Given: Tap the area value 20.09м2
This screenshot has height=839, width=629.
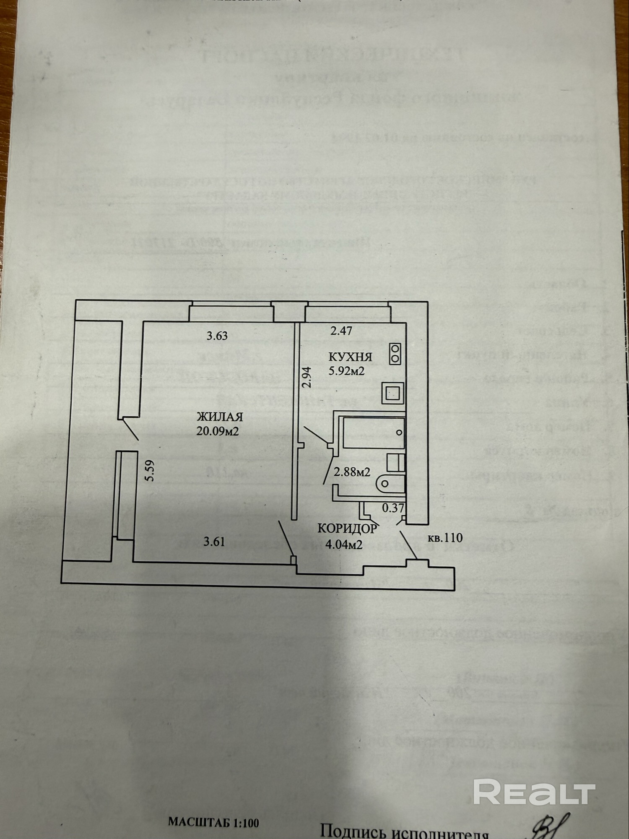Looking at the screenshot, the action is (218, 431).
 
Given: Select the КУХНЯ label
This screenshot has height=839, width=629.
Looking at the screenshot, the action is (350, 357).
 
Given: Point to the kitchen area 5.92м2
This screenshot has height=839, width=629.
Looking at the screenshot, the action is (346, 371).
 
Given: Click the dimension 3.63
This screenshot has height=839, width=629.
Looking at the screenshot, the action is (217, 336).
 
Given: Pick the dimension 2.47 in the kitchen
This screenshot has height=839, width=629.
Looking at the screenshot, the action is (341, 331).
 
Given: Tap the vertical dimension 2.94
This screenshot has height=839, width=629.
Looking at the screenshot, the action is (308, 377).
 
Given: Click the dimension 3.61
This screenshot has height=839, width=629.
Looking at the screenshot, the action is (214, 542).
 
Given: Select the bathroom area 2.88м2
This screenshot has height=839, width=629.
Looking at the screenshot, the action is (351, 472).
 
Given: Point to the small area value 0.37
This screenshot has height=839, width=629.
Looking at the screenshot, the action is (393, 508).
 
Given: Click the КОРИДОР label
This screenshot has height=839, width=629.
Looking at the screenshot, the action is (347, 528).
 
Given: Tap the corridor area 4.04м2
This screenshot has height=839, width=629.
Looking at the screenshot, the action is (344, 545).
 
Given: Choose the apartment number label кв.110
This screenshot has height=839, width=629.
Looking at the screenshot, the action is (445, 537).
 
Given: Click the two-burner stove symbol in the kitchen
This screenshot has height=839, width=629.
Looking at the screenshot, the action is (395, 354).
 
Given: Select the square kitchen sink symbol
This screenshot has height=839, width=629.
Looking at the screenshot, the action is (392, 393).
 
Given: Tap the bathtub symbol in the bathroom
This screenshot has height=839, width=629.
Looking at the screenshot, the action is (373, 432).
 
